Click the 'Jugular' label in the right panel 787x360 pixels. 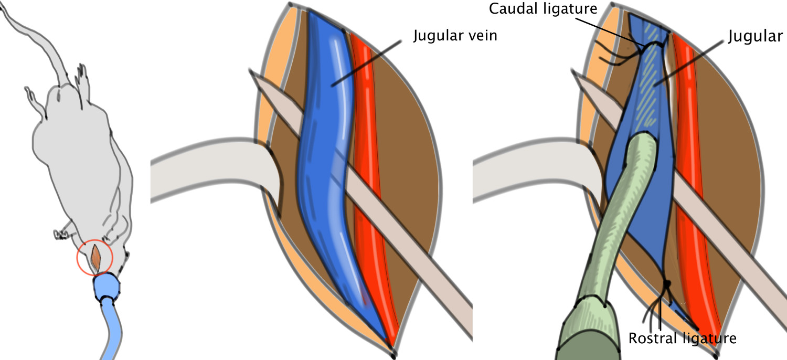point(756,36)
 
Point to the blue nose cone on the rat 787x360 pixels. point(107,287)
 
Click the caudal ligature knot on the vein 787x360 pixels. point(646,50)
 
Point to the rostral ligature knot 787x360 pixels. point(667,285)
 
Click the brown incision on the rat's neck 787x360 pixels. point(95,256)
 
